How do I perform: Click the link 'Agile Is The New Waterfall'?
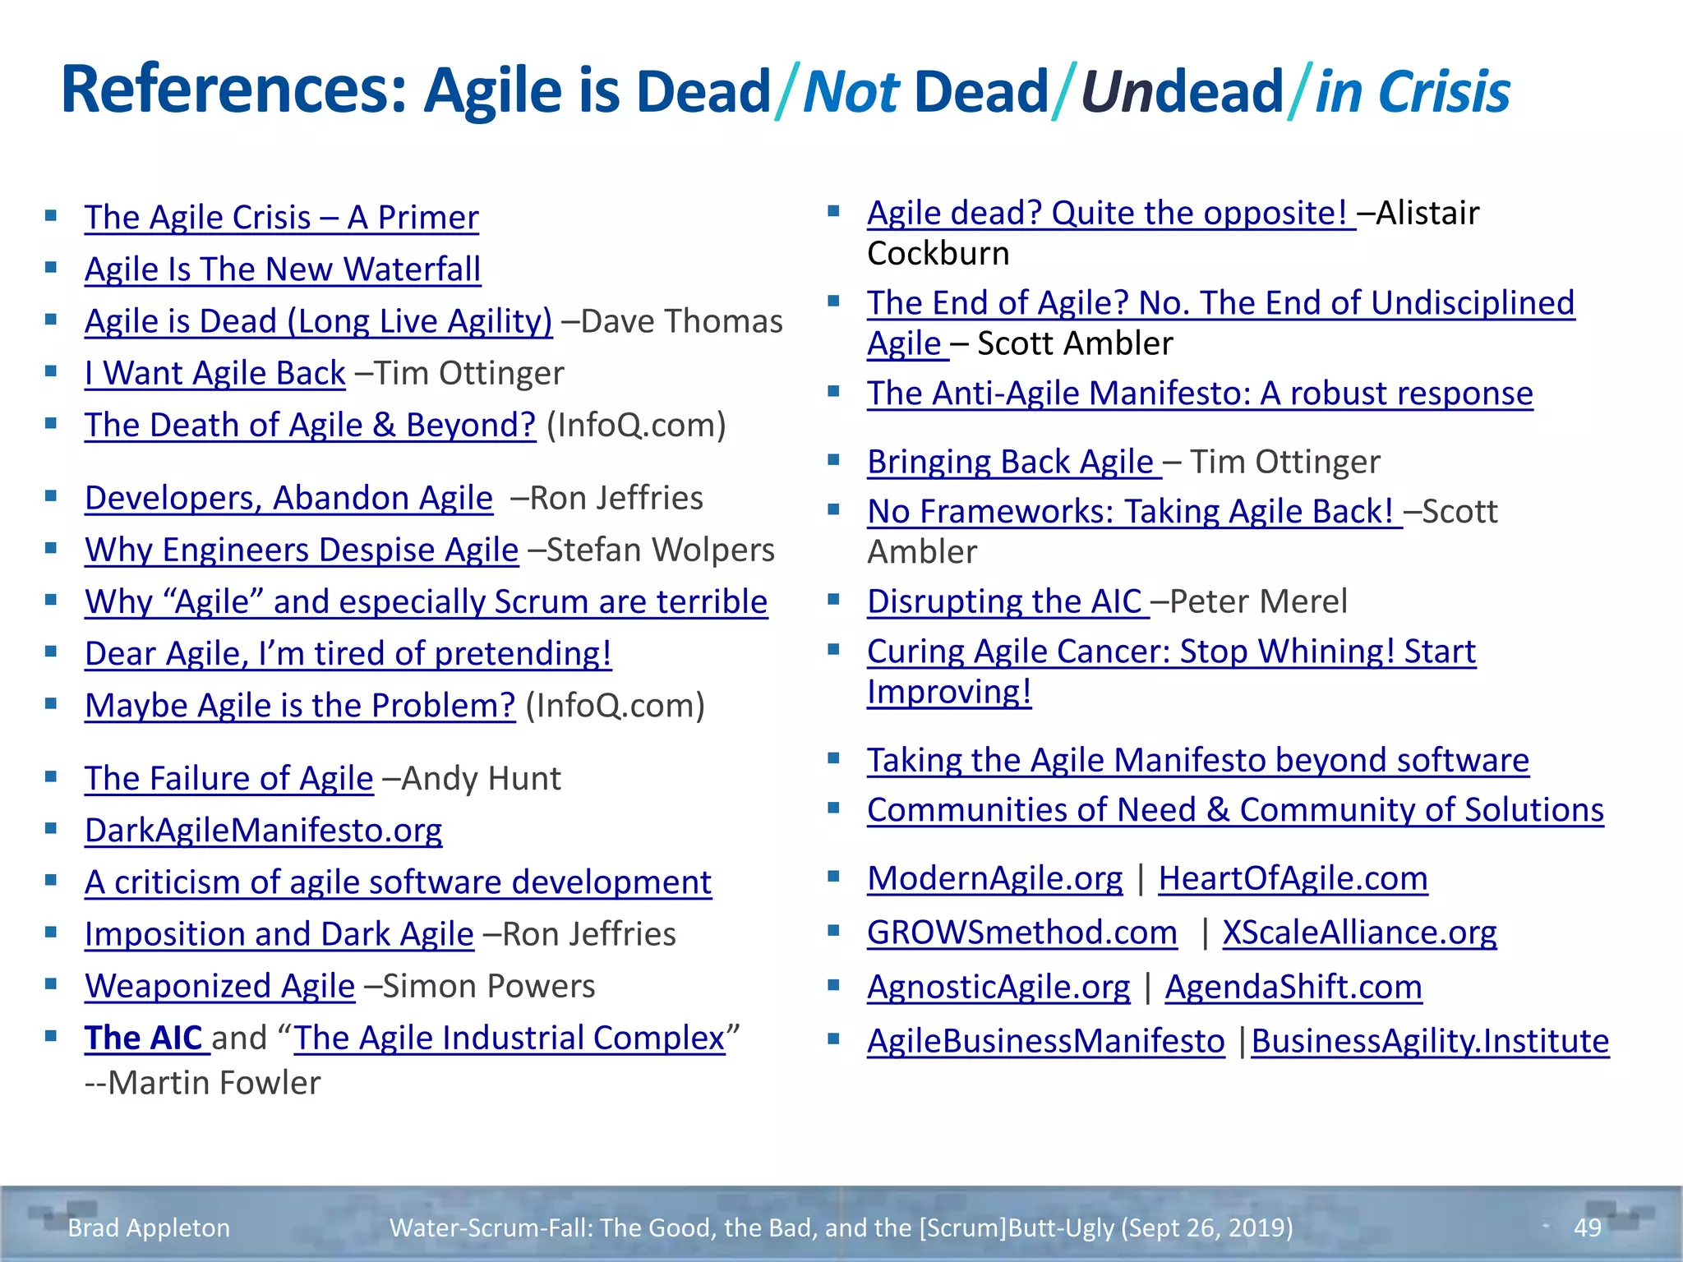click(283, 269)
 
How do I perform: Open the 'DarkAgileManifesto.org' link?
click(263, 831)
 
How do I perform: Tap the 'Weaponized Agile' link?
click(219, 986)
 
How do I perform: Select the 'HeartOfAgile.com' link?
click(1293, 878)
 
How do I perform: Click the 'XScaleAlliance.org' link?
click(1359, 933)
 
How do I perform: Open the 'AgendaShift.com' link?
click(1293, 987)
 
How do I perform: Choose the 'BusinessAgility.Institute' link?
click(1430, 1041)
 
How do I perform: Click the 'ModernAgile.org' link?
click(994, 878)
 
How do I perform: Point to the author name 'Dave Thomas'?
click(681, 321)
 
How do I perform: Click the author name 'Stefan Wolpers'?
click(660, 550)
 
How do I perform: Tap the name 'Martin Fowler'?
click(214, 1083)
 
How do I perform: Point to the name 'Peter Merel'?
click(1257, 601)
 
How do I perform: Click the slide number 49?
click(1587, 1227)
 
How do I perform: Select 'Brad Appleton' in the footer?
click(149, 1227)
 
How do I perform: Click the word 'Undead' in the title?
click(1182, 90)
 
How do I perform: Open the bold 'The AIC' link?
click(143, 1038)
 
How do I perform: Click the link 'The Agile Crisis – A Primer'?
click(281, 218)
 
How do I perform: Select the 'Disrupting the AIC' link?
click(1004, 601)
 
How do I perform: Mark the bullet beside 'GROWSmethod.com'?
click(833, 931)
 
